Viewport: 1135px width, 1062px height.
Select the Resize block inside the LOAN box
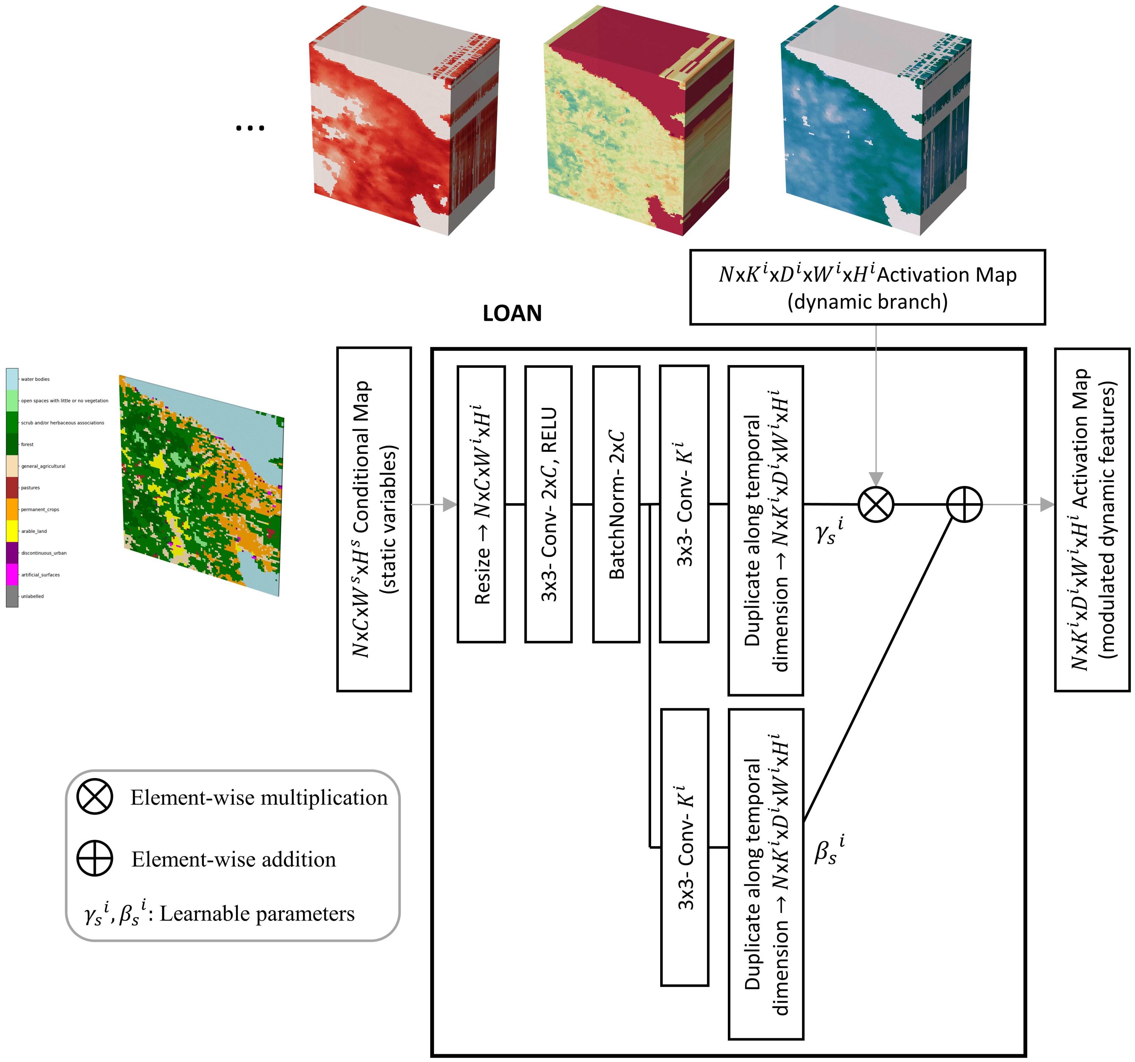click(481, 504)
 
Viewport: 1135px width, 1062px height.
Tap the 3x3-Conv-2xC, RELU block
click(548, 504)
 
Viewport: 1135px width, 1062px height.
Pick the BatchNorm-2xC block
click(616, 504)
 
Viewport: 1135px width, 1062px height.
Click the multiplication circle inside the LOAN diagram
click(876, 504)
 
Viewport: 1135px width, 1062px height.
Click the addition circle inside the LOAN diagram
click(964, 504)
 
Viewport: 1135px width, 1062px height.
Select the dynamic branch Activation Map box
click(867, 287)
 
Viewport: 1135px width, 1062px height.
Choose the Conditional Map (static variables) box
click(374, 519)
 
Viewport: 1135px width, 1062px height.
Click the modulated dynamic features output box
click(1091, 519)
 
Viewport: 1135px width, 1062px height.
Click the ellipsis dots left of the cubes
click(250, 128)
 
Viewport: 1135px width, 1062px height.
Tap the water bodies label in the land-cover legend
click(35, 379)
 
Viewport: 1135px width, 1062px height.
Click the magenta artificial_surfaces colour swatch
click(12, 575)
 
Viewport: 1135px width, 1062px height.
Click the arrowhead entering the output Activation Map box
click(1046, 504)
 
